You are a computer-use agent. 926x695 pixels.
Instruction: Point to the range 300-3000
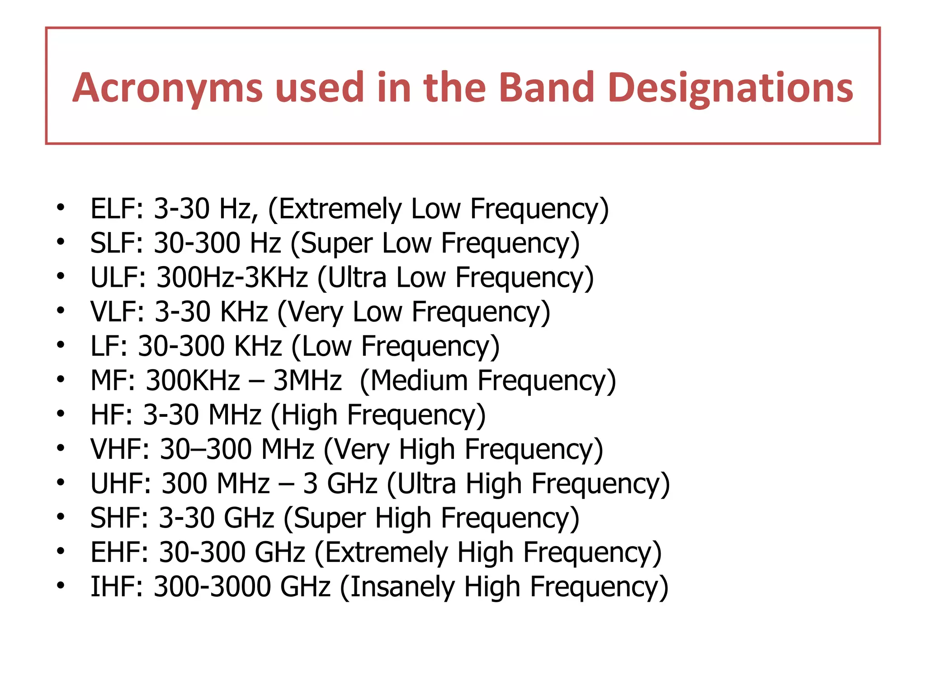(212, 587)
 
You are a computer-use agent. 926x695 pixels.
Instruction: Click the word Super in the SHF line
(330, 518)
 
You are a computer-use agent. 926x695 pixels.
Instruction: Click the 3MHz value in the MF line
(307, 381)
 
